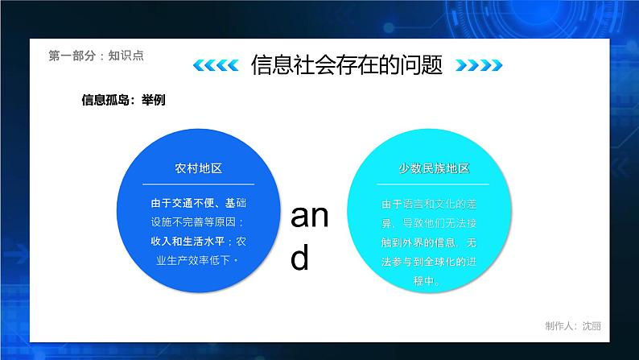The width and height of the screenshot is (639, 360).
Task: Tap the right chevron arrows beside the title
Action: [474, 65]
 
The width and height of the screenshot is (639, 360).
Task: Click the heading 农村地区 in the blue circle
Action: [198, 168]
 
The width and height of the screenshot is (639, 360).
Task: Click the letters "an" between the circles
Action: [309, 217]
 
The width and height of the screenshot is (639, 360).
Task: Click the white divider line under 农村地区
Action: [198, 184]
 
